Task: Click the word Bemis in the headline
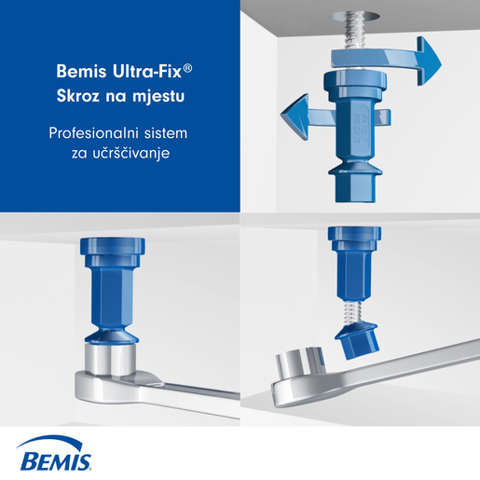tap(81, 72)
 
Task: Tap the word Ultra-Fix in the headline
tap(147, 72)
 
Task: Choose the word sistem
tap(166, 133)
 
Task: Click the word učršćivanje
tap(131, 153)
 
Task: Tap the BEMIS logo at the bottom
tap(55, 453)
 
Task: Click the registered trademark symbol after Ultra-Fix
tap(187, 69)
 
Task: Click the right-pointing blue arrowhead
tap(429, 61)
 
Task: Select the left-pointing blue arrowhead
tap(295, 117)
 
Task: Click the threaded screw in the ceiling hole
tap(355, 31)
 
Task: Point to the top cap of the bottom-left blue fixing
tap(113, 246)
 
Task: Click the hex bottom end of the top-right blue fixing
tap(354, 187)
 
